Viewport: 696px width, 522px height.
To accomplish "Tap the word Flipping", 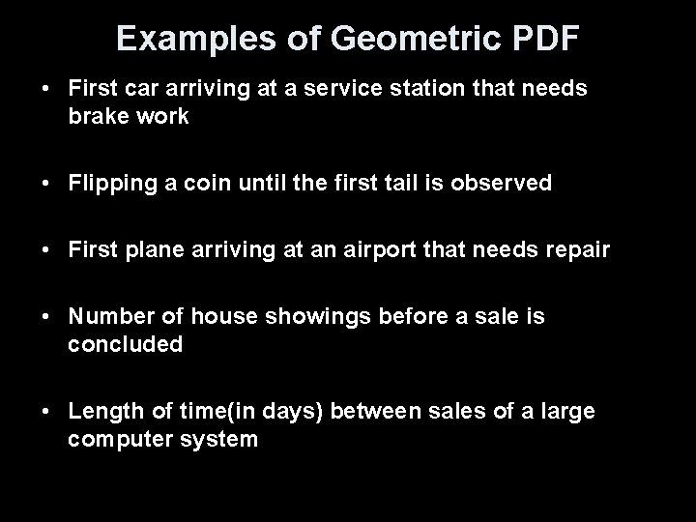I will click(x=108, y=183).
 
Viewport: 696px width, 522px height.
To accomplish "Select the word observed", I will click(x=506, y=183).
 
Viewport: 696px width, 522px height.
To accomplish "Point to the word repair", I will click(x=577, y=250).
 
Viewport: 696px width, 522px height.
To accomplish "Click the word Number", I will click(x=107, y=317).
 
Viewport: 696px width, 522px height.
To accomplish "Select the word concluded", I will click(x=125, y=344).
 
